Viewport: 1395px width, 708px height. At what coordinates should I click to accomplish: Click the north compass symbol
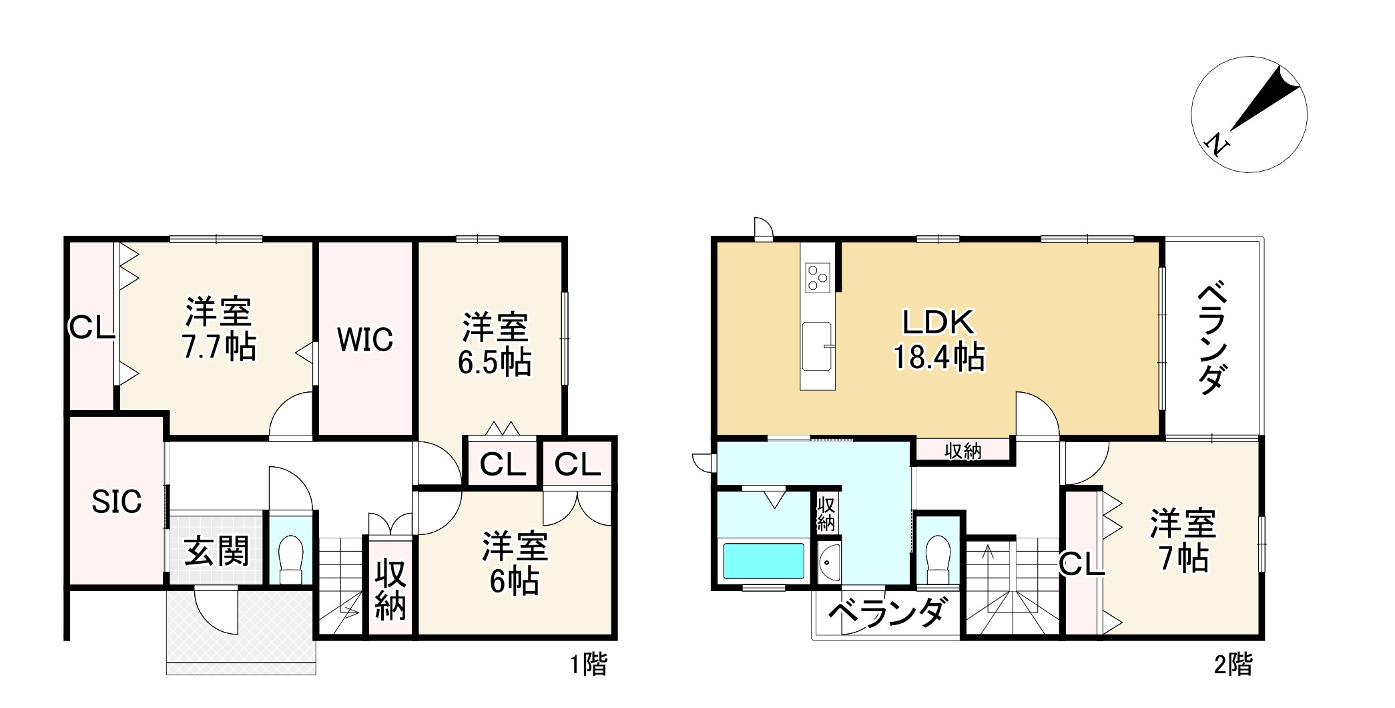pos(1249,115)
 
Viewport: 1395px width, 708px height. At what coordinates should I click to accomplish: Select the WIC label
pos(364,340)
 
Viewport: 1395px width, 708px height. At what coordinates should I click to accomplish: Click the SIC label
pos(117,502)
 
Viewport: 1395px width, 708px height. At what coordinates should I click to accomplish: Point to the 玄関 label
pos(216,551)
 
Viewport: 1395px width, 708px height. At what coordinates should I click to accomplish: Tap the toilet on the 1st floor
pos(290,560)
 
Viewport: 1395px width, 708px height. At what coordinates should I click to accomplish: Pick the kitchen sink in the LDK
pos(817,345)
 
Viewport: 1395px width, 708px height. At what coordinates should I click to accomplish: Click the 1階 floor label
pos(588,665)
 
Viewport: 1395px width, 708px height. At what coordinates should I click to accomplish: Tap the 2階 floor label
pos(1233,665)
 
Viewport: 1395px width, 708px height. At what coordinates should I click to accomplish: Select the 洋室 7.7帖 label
pos(218,329)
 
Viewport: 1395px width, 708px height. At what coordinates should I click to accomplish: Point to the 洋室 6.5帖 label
pos(495,345)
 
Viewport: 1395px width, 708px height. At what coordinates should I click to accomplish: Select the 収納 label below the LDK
pos(962,452)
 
